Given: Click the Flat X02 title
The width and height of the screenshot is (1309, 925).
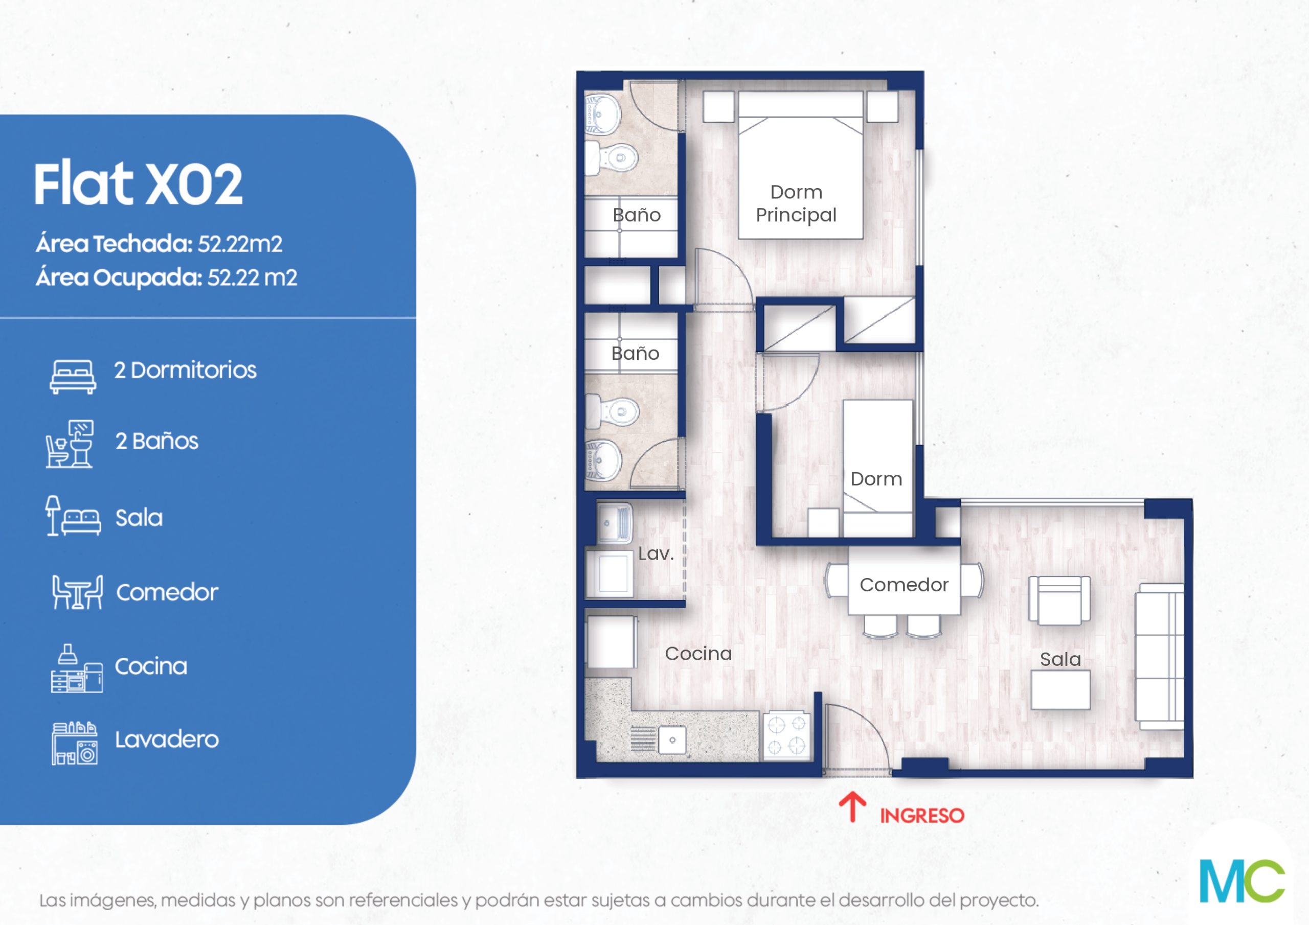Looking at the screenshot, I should tap(138, 183).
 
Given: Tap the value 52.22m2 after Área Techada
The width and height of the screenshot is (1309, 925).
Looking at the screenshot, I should tap(239, 244).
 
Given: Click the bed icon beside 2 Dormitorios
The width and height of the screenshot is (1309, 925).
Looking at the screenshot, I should tap(73, 376).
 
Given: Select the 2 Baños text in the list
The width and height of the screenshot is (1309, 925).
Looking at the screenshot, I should tap(157, 441).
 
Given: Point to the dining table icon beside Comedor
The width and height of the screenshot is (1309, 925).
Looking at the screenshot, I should tap(78, 592).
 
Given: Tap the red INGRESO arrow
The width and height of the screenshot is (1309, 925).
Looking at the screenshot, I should tap(852, 806).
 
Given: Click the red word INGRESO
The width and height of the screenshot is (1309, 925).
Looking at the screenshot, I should tap(922, 816).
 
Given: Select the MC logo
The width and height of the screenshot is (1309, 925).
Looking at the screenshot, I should tap(1242, 881).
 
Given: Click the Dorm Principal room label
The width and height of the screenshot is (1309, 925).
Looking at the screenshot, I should tap(796, 203).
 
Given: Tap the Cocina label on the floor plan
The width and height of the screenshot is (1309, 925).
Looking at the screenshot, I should tap(698, 653).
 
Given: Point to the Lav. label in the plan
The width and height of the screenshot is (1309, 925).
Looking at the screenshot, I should tap(656, 553).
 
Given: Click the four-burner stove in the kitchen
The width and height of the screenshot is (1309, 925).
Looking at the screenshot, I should tap(786, 735).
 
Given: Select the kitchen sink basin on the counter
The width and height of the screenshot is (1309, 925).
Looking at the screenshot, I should tap(672, 740).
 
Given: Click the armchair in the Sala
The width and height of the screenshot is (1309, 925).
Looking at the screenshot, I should tap(1059, 600).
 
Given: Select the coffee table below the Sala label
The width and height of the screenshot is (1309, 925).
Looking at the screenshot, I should tap(1060, 689).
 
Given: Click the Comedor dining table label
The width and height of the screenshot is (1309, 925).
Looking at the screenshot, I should tap(904, 585).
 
